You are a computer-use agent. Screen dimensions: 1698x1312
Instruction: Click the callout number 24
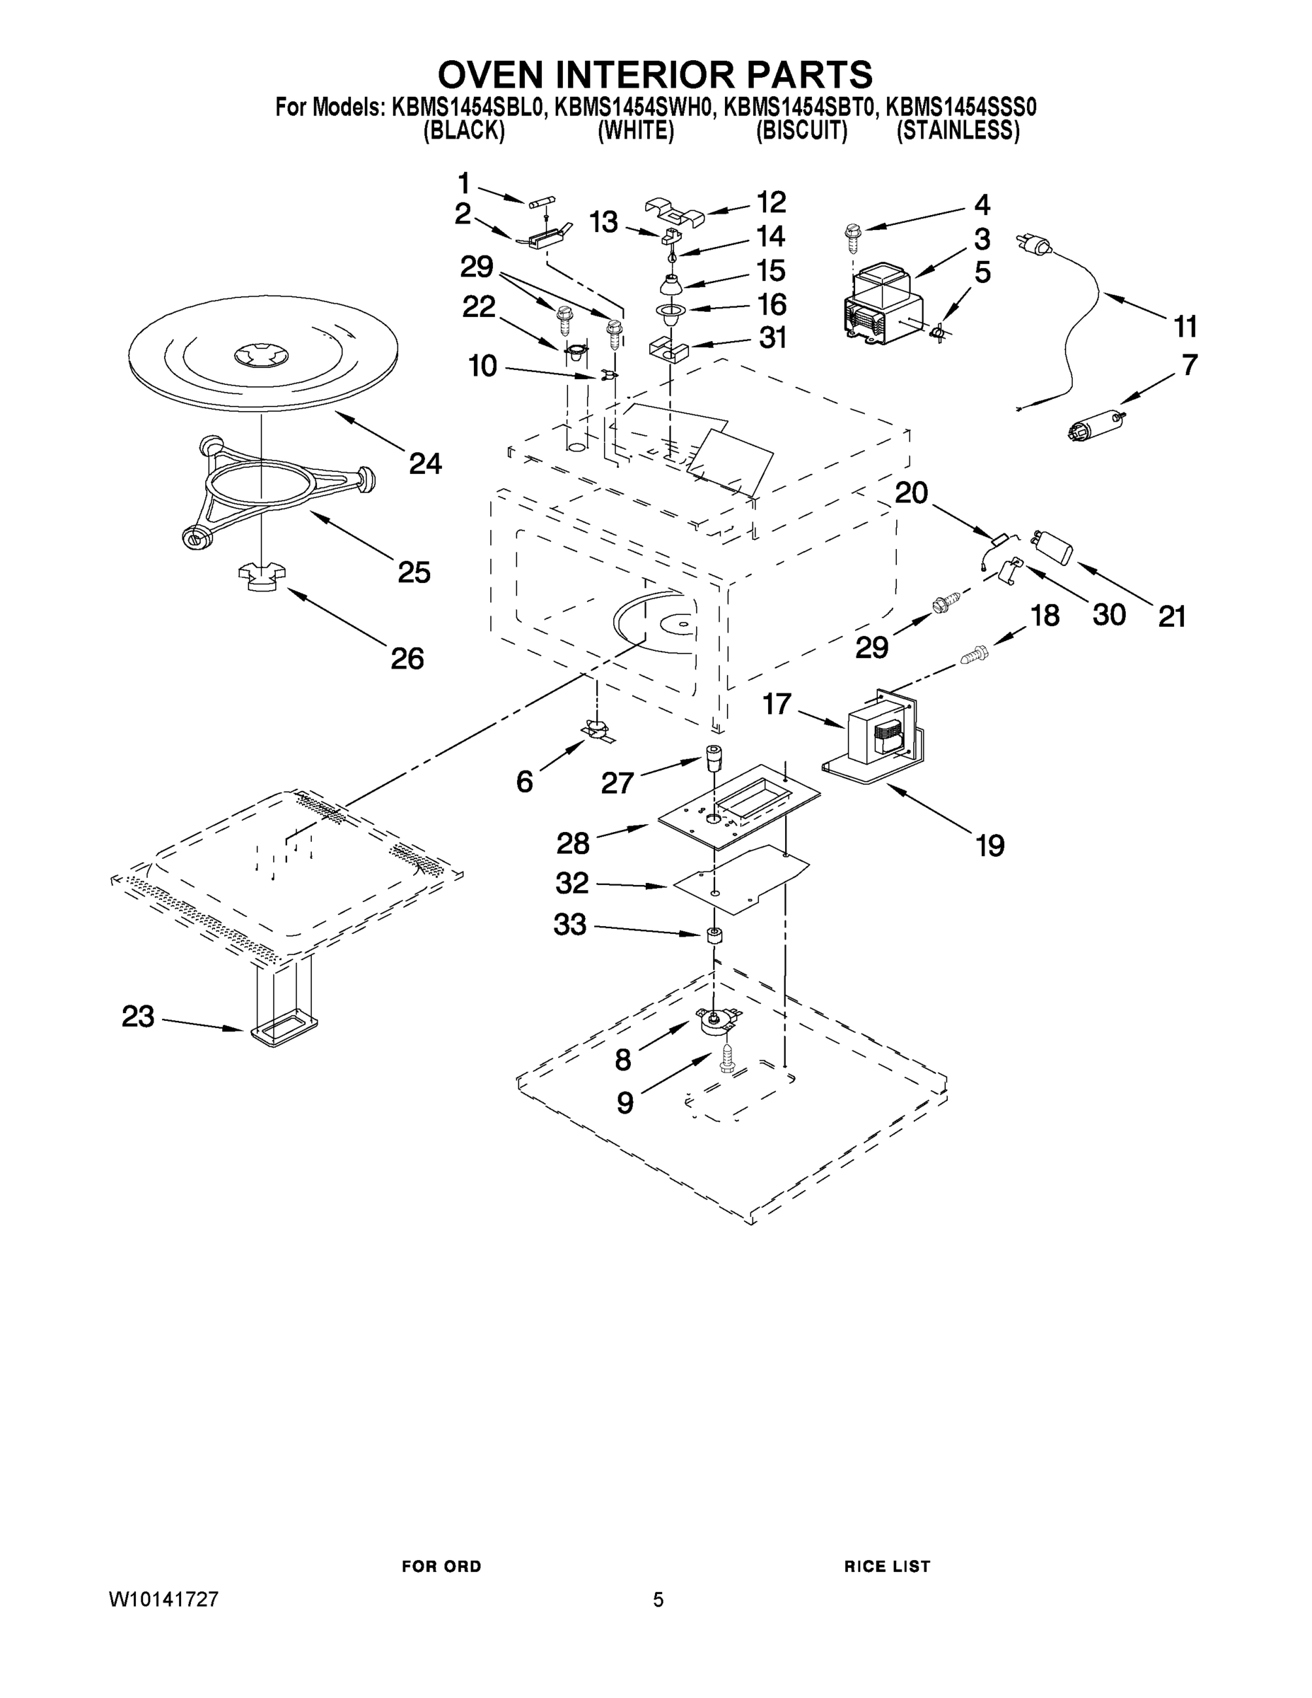tap(425, 464)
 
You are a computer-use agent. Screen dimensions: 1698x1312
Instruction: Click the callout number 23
tap(138, 1016)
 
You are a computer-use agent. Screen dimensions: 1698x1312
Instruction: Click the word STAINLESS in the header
tap(958, 132)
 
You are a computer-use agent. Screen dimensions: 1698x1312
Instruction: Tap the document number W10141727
tap(163, 1599)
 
